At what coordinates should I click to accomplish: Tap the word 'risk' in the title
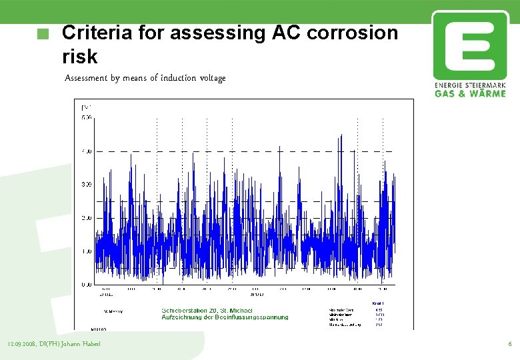coord(79,57)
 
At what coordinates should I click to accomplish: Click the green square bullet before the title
coord(44,35)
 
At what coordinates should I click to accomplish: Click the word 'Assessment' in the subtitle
coord(86,78)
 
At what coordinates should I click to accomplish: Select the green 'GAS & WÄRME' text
coord(470,94)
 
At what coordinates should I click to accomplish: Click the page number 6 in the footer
coord(509,344)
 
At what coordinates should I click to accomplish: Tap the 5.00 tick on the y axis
coord(87,118)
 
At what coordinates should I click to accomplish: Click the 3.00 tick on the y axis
coord(87,185)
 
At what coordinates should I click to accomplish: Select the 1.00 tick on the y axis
coord(87,251)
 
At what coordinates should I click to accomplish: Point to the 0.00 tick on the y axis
coord(87,285)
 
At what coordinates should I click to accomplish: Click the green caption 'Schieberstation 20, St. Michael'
coord(207,311)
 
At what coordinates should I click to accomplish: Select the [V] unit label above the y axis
coord(86,107)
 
